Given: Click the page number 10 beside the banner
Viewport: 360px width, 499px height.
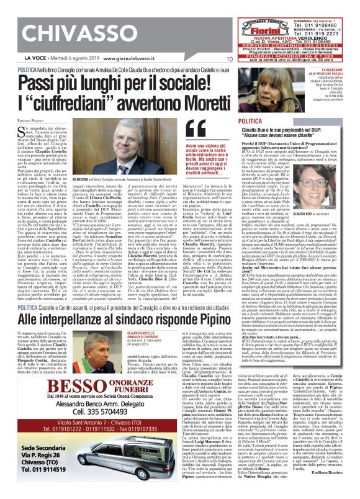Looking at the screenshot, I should pos(229,59).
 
